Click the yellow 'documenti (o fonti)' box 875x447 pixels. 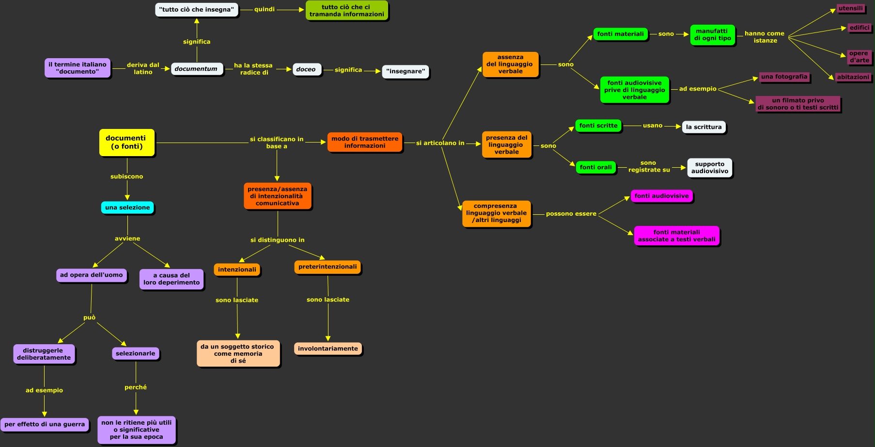[126, 143]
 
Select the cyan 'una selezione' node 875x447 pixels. [127, 208]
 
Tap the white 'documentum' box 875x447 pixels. [196, 69]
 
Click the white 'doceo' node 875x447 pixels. [306, 69]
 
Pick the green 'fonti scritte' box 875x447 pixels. [598, 126]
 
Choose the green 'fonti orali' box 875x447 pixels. [596, 167]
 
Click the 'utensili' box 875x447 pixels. [851, 8]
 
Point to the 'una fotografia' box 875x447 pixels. [784, 77]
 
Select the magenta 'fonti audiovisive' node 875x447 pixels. [661, 196]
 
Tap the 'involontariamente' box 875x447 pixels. [328, 349]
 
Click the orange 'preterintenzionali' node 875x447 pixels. [328, 267]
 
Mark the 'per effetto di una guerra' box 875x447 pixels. [45, 424]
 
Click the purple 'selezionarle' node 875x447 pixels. [136, 353]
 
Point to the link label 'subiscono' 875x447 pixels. [127, 176]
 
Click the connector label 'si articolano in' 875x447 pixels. [440, 143]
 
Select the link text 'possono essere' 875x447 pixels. [571, 214]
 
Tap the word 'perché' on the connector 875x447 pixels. [136, 387]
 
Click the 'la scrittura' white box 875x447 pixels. [703, 127]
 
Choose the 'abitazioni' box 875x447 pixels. [853, 77]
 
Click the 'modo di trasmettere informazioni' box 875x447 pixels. [365, 142]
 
